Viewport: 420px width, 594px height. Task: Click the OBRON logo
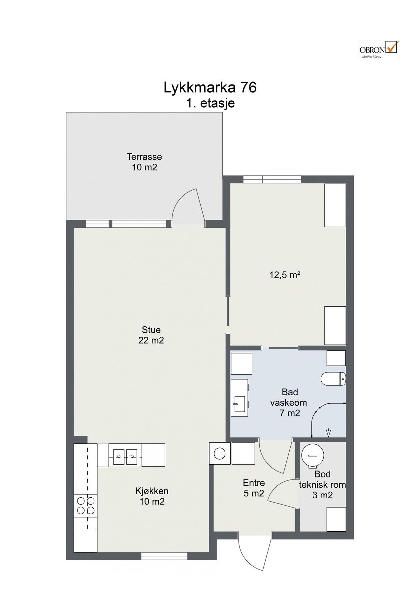[379, 49]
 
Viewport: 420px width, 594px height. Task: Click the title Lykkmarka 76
[210, 88]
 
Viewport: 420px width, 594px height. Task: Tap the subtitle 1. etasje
[210, 103]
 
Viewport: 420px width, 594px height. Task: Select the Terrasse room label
[145, 162]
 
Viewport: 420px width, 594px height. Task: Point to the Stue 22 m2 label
[151, 335]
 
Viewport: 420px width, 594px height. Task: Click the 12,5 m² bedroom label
[285, 275]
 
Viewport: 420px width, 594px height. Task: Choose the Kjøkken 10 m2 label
[152, 496]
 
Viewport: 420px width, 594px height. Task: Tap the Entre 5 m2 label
[254, 488]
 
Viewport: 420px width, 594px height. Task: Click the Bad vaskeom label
[289, 402]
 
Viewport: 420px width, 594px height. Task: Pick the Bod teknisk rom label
[322, 484]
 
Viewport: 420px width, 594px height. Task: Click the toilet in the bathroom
[333, 379]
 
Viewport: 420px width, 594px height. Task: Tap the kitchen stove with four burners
[85, 506]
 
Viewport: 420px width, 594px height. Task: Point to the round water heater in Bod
[312, 456]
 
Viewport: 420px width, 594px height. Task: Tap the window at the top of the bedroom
[272, 179]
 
